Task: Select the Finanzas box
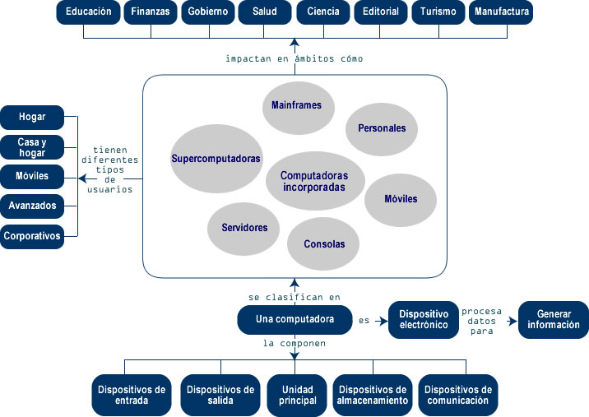151,12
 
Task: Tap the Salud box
266,12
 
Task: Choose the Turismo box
438,12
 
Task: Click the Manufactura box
501,12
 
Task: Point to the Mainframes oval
297,105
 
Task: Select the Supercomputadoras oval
216,158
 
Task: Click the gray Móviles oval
401,199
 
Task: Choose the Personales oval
382,128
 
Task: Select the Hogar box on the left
32,117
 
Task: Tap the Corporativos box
32,236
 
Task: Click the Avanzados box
32,205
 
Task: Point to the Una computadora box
294,319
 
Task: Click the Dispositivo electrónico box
423,320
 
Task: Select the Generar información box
554,320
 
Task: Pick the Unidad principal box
298,395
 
